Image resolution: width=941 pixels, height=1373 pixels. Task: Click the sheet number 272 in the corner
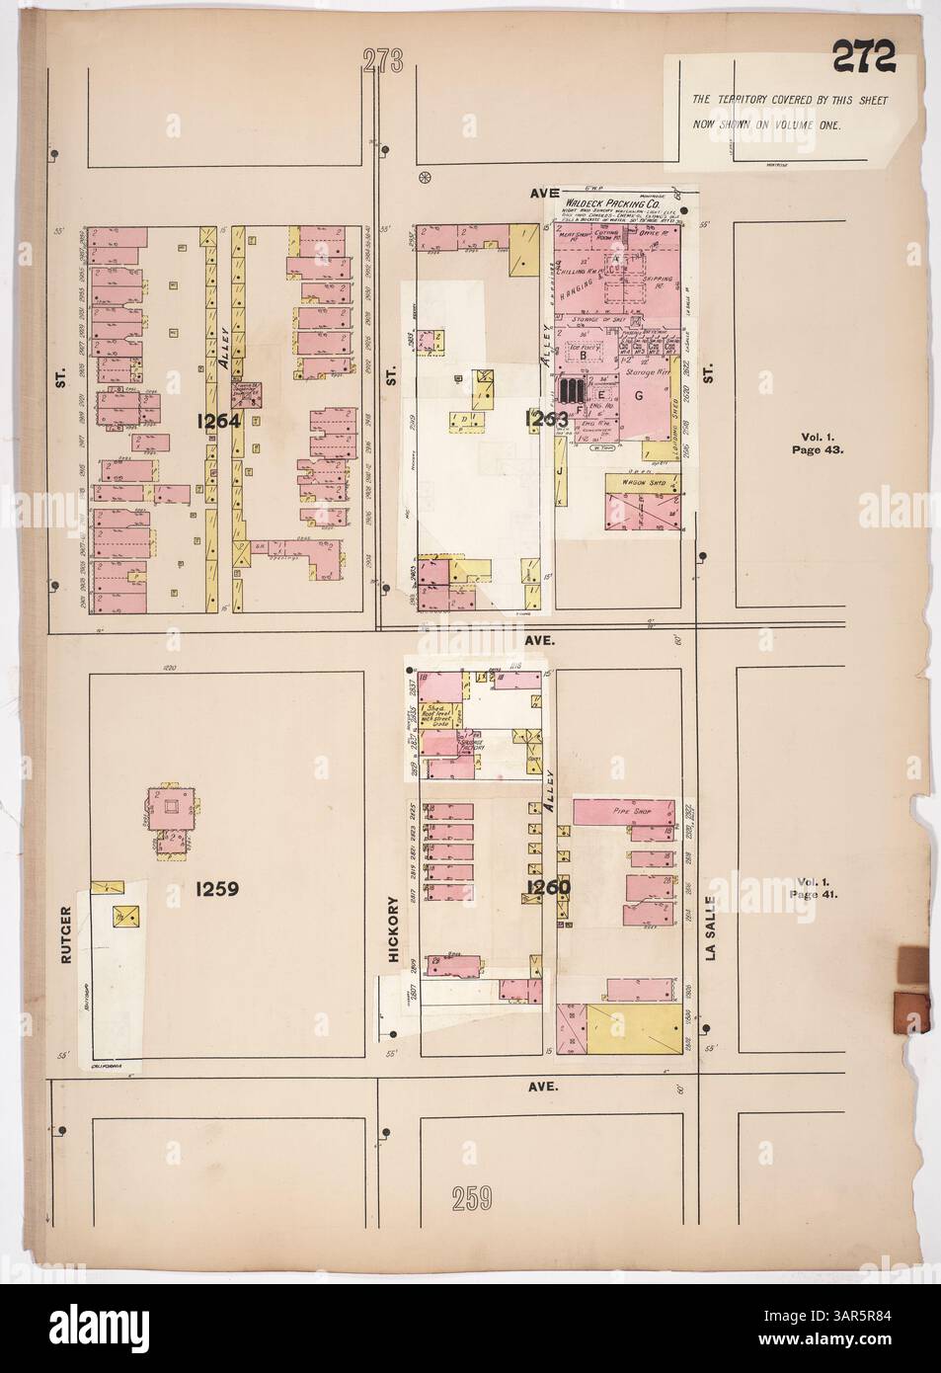[863, 58]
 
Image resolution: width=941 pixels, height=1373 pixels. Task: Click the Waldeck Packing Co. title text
[616, 202]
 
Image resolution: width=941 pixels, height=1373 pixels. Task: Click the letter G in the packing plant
[639, 396]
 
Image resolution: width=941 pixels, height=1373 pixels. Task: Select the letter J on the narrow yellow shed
[560, 470]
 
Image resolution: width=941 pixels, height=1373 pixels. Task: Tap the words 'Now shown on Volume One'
[766, 127]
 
